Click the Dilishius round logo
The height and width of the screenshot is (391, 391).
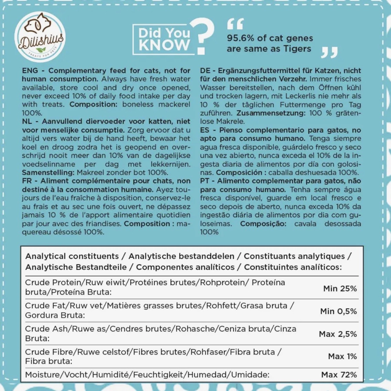pos(40,37)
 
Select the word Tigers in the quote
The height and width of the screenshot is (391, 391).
pos(297,49)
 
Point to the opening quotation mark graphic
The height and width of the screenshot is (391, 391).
pos(235,24)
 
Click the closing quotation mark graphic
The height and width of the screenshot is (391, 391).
pos(329,52)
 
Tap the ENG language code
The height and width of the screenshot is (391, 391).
pos(30,70)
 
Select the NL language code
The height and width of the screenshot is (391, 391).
pos(27,121)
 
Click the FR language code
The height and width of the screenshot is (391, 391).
pos(27,181)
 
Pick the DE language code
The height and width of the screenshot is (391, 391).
pos(205,70)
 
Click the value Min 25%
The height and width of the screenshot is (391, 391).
pos(340,289)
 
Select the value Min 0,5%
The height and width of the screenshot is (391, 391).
pos(338,311)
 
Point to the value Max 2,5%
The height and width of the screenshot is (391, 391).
pos(338,334)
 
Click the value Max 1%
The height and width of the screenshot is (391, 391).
pos(342,356)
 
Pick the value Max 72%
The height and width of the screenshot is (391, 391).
pos(339,374)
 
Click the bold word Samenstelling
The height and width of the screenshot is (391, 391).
pos(48,172)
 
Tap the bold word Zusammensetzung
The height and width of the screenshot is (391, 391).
pos(271,113)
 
